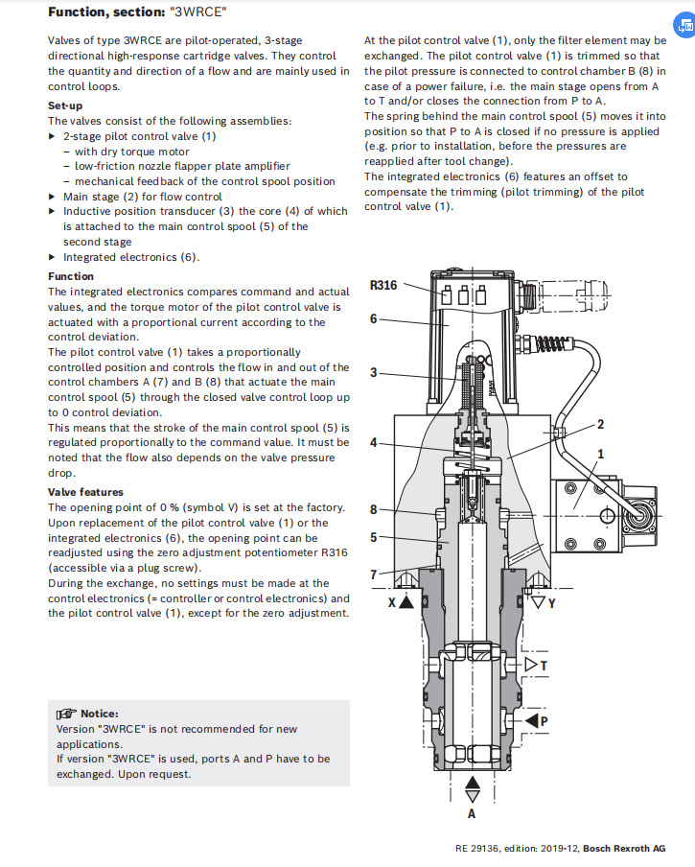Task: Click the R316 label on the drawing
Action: click(x=384, y=285)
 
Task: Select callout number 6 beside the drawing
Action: click(x=374, y=319)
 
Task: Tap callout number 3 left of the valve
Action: click(x=374, y=372)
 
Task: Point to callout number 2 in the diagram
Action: click(x=600, y=424)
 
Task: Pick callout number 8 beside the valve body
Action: click(x=374, y=509)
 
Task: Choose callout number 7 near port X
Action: click(x=374, y=574)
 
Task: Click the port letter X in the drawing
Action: click(x=391, y=604)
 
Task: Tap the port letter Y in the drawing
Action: click(x=551, y=604)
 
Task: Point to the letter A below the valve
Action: click(x=471, y=813)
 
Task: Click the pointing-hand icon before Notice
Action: click(x=65, y=714)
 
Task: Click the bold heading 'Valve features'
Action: click(x=85, y=492)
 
